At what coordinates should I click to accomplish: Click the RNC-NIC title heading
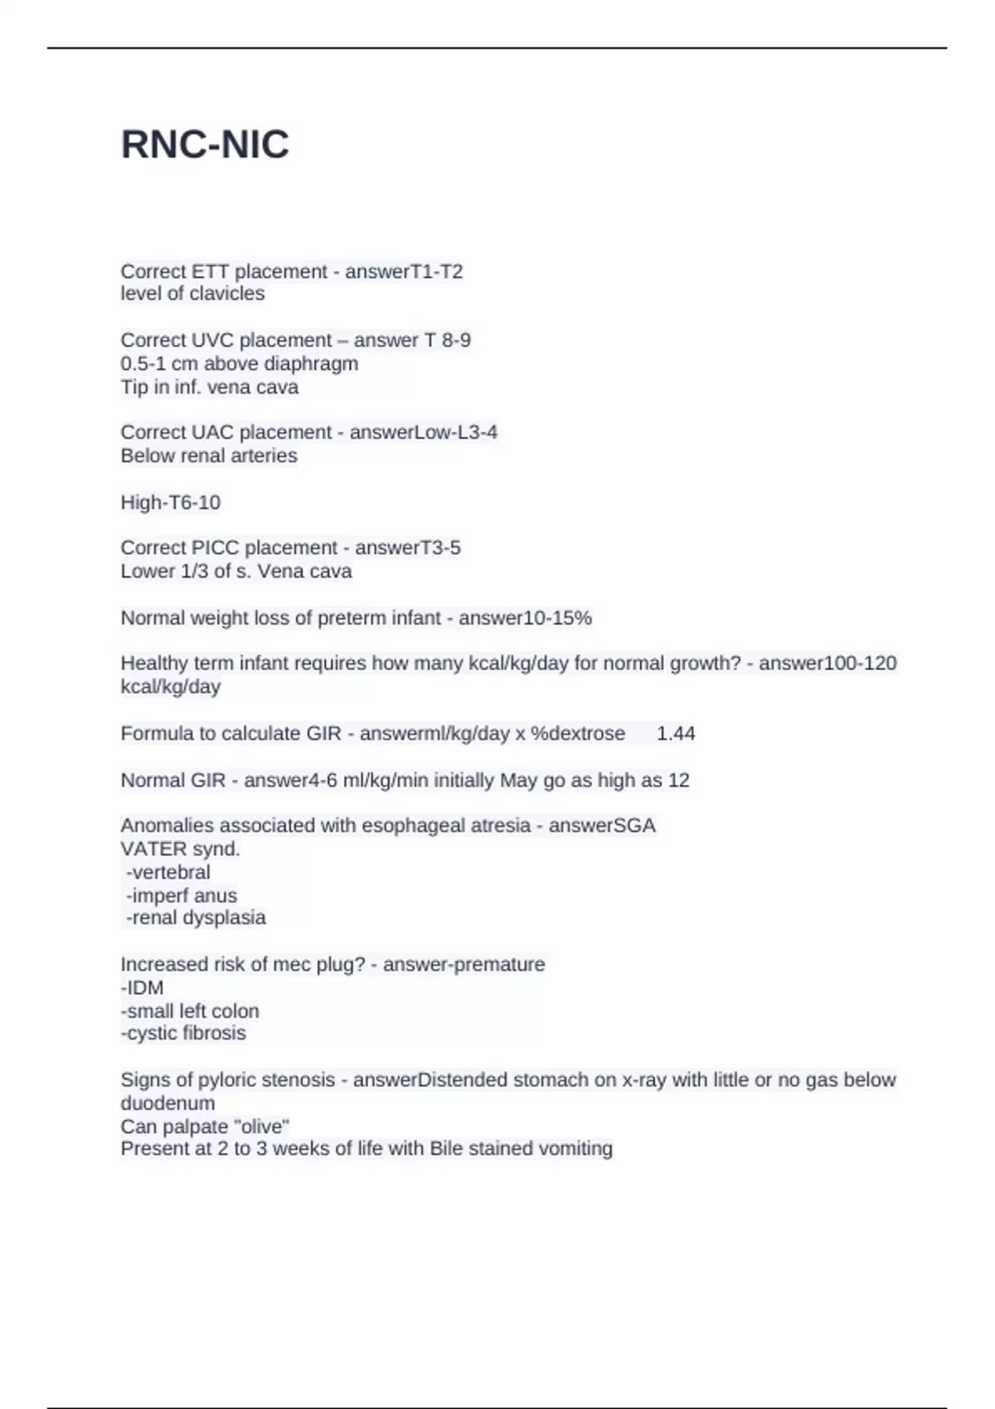tap(205, 145)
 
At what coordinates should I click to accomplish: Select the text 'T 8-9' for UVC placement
tap(448, 341)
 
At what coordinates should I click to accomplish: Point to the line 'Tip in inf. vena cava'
tap(209, 387)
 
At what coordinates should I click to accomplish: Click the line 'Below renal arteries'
tap(208, 456)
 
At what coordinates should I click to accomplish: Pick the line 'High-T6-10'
tap(170, 502)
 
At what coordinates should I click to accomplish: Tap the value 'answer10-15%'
tap(525, 618)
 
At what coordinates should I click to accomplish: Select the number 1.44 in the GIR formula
tap(676, 734)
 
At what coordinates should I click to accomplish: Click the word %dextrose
tap(578, 734)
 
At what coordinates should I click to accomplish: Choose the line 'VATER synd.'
tap(180, 850)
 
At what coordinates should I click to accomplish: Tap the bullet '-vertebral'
tap(167, 873)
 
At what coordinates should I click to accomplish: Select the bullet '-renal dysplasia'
tap(196, 918)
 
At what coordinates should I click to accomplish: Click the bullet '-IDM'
tap(142, 988)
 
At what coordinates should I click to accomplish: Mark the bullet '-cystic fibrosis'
tap(183, 1034)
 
